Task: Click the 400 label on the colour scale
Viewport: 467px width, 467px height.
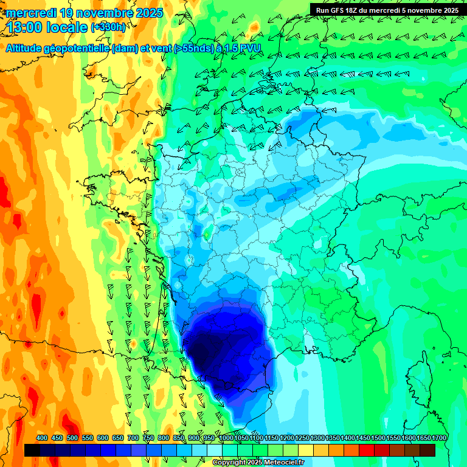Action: click(42, 438)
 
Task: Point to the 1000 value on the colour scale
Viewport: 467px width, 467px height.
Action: click(226, 438)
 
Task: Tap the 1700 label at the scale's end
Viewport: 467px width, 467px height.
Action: click(439, 438)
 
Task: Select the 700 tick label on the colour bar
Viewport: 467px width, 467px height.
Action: click(134, 438)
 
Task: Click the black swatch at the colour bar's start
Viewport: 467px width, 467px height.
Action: click(32, 450)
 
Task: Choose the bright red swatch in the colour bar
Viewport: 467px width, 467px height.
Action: click(367, 450)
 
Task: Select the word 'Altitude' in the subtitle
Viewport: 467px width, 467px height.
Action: click(27, 47)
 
